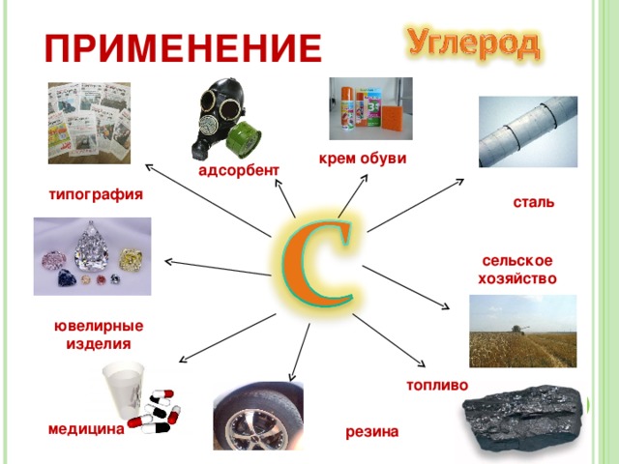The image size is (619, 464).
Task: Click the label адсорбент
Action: (x=238, y=171)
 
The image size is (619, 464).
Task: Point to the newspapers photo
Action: (x=89, y=122)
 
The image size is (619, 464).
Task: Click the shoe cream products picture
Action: (x=369, y=109)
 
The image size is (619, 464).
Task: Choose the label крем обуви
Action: (x=362, y=158)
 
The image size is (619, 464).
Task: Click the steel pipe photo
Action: (x=527, y=131)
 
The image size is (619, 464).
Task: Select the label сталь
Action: (x=533, y=203)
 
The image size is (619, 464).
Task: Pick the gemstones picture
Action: (x=91, y=255)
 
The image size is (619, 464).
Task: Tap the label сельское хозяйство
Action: (x=516, y=270)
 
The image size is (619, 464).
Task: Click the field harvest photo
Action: (x=522, y=331)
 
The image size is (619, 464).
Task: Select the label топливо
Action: (x=437, y=385)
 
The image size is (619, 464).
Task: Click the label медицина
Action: (x=85, y=429)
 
